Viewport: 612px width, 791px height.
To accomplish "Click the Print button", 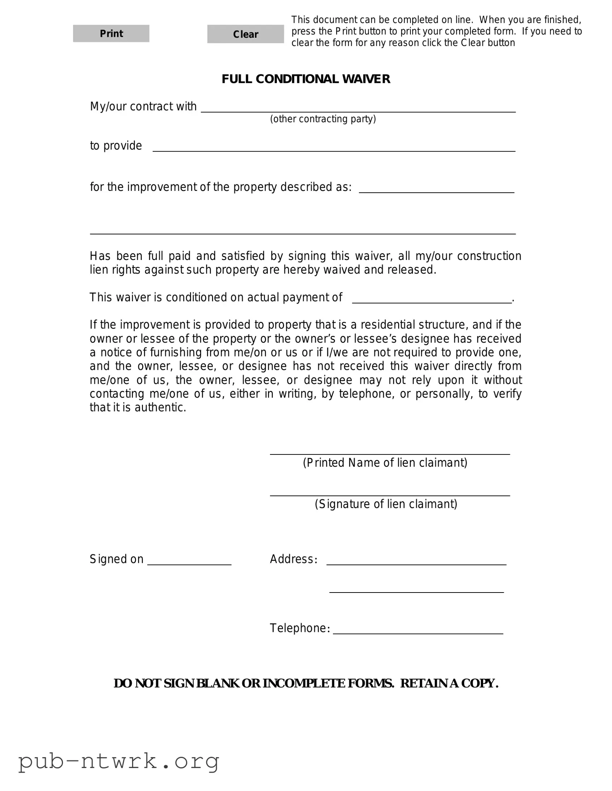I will coord(111,34).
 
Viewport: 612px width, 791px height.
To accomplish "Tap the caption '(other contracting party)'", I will coord(323,119).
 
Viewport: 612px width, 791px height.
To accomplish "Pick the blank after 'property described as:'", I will coord(436,188).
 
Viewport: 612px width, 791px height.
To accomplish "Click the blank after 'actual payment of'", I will coord(431,299).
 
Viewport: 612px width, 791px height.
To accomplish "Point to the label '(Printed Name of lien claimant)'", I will coord(385,463).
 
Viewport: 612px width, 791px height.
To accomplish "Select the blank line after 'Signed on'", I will coord(189,560).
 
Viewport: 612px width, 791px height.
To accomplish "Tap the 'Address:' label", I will coord(294,559).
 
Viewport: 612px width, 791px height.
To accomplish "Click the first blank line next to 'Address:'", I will coord(416,560).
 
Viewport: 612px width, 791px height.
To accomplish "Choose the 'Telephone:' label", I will coord(300,628).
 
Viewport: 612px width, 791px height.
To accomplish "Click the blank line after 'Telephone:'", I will coord(418,629).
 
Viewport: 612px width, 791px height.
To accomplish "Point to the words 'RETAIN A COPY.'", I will coord(449,683).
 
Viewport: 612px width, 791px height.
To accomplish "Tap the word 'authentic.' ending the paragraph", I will coord(160,407).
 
